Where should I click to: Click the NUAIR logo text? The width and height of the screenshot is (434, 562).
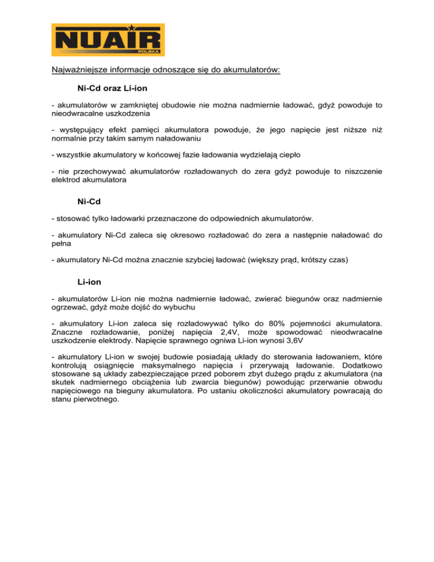107,40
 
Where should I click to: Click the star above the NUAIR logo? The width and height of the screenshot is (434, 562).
131,27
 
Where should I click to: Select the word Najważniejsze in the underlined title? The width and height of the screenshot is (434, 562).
77,71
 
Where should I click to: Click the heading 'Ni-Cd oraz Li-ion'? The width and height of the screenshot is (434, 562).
112,89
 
